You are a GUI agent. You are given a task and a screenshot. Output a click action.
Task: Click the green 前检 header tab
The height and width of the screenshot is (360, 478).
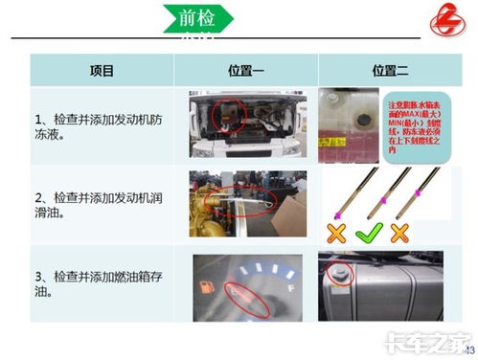click(x=198, y=18)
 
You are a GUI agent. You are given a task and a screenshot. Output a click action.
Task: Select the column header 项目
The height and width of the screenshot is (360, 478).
click(x=102, y=71)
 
